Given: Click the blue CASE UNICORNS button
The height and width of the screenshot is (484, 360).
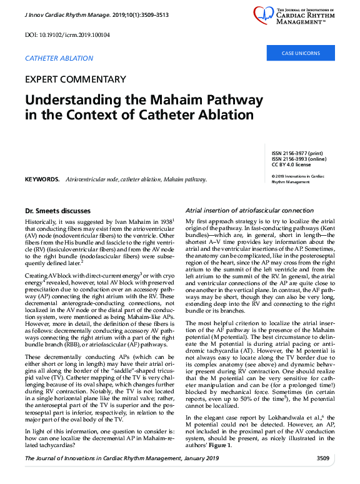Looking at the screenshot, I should pyautogui.click(x=300, y=53).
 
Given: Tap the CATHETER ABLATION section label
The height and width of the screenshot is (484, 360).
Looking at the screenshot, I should pyautogui.click(x=59, y=58).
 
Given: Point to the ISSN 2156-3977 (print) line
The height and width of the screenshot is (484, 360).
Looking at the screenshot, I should pyautogui.click(x=297, y=153).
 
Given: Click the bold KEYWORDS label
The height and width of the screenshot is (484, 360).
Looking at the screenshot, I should pyautogui.click(x=42, y=179).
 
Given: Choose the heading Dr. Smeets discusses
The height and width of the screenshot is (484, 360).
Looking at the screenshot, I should pyautogui.click(x=57, y=211).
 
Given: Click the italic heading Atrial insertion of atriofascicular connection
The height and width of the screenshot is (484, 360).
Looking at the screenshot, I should pyautogui.click(x=252, y=211).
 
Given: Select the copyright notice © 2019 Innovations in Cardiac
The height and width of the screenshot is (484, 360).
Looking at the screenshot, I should pyautogui.click(x=301, y=176).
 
